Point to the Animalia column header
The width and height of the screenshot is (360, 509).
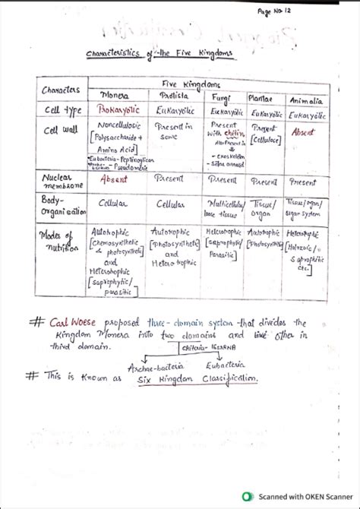[305, 100]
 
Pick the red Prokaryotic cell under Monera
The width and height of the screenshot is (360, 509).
[118, 110]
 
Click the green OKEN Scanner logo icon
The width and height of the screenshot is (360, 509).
[247, 496]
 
